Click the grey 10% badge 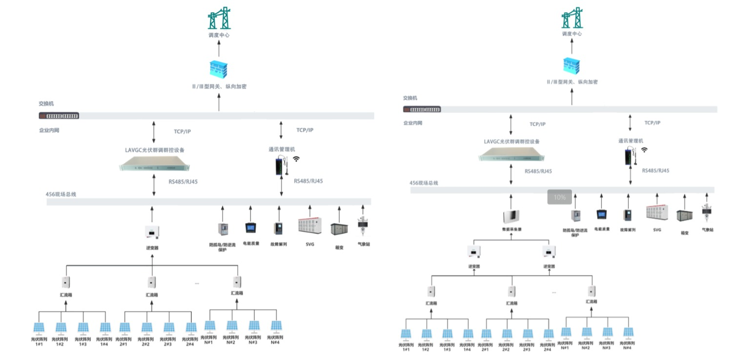559,197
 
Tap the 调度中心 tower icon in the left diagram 219,19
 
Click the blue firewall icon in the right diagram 572,67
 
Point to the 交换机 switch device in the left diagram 59,116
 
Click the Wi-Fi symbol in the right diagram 644,150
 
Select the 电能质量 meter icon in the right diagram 601,214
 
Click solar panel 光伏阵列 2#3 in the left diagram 168,327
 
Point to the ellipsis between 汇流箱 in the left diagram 197,283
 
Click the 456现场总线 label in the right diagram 424,183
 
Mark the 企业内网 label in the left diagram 49,131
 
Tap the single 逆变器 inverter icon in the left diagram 153,232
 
